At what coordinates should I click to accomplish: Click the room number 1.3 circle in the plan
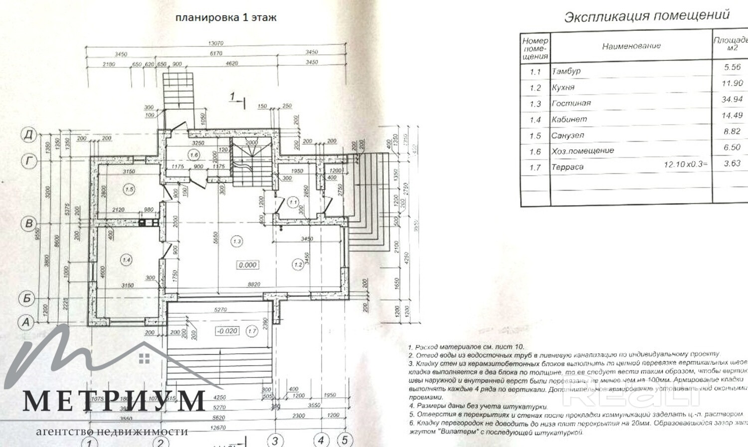click(237, 241)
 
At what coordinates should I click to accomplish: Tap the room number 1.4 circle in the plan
click(126, 259)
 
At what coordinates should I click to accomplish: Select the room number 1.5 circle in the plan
click(130, 189)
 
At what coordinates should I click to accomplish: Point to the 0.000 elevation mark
click(247, 265)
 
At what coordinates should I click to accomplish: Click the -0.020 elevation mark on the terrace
click(227, 331)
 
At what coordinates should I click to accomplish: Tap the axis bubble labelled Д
click(29, 135)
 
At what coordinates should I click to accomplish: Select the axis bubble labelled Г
click(29, 161)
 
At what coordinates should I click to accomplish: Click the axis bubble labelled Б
click(27, 298)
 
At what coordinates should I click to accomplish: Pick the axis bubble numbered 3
click(275, 441)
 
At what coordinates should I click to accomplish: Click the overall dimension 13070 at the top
click(215, 43)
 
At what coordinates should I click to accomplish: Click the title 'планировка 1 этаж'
click(225, 17)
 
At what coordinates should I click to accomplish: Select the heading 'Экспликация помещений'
click(647, 16)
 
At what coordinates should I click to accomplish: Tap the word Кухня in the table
click(563, 87)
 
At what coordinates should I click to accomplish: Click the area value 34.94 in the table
click(732, 99)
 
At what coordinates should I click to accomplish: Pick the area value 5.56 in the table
click(732, 67)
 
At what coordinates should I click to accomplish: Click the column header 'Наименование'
click(631, 46)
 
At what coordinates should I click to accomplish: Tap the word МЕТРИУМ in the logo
click(114, 401)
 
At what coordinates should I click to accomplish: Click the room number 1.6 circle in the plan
click(194, 155)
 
